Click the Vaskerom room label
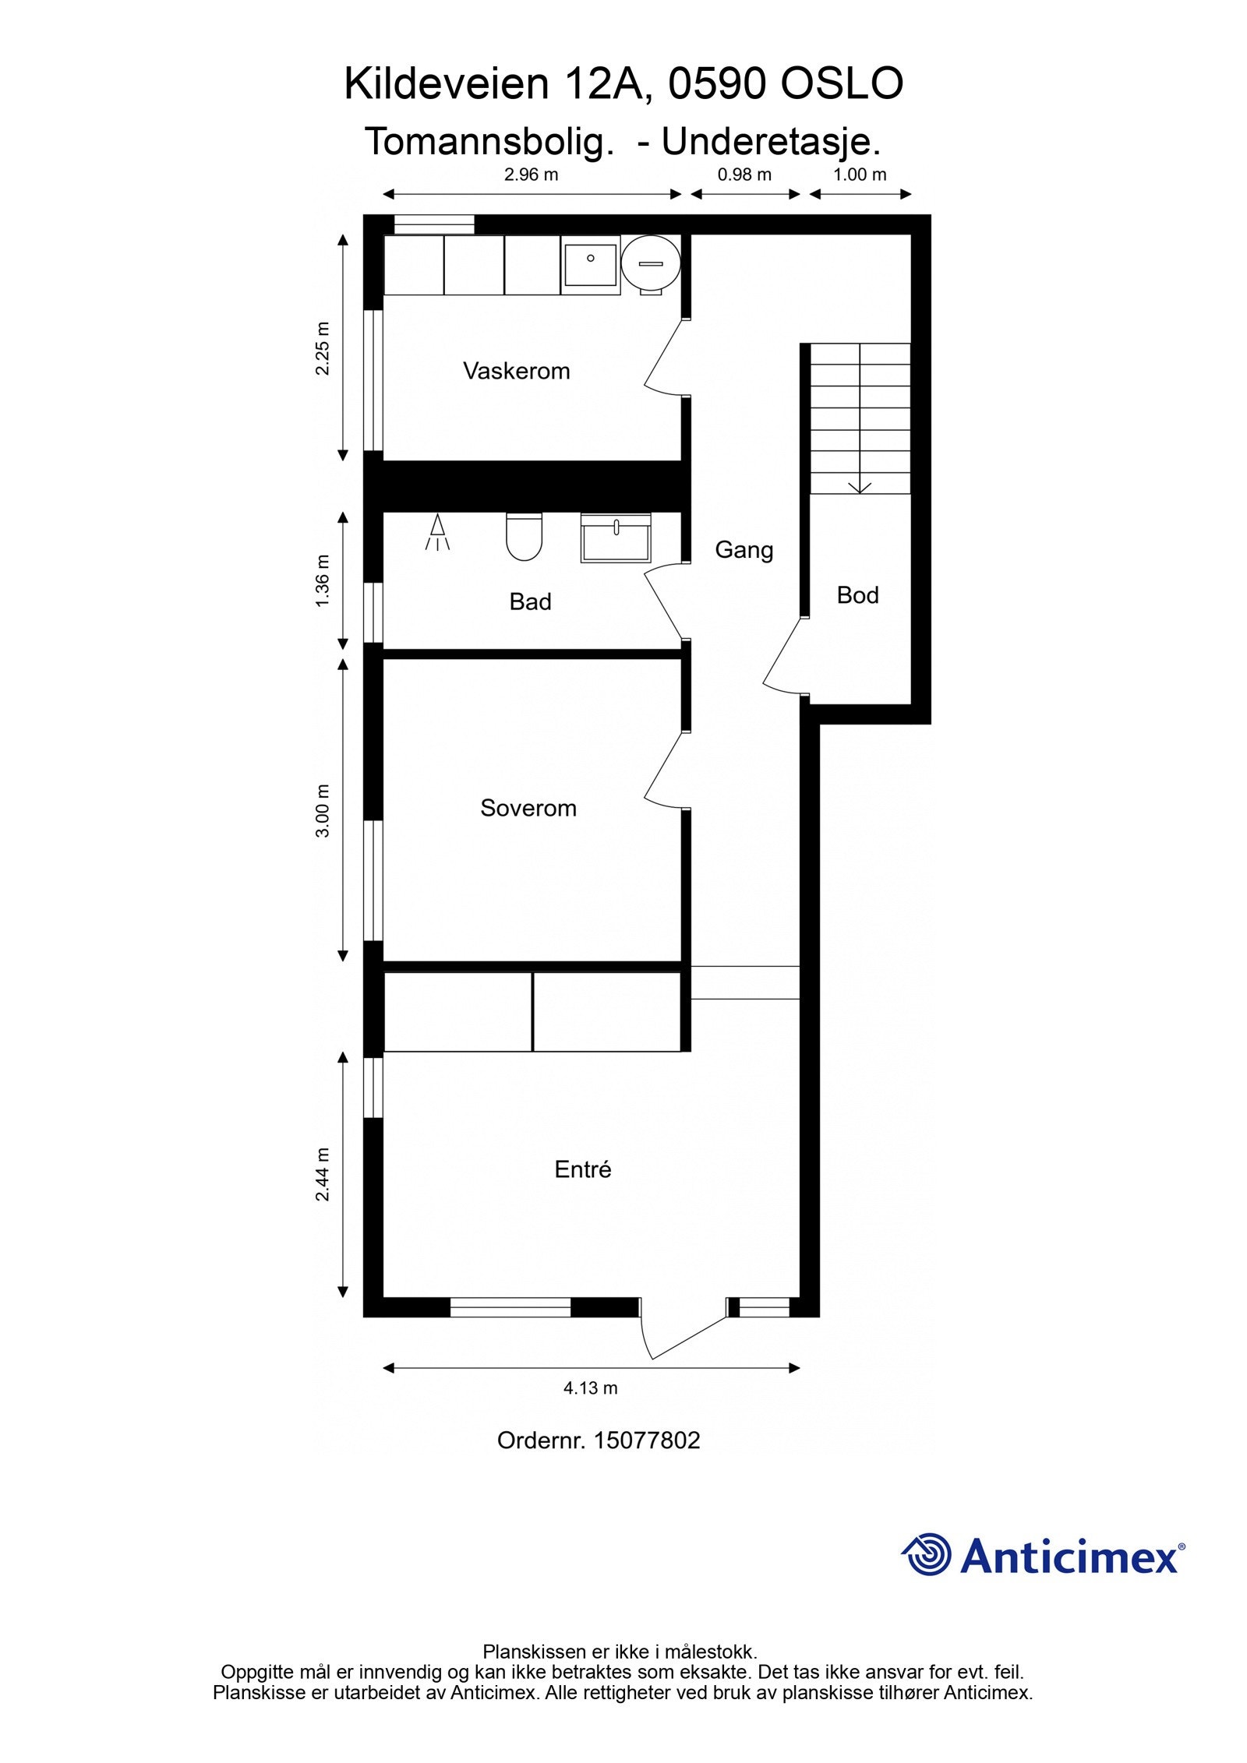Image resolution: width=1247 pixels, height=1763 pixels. [x=516, y=371]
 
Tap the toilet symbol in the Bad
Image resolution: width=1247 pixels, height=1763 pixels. [x=524, y=536]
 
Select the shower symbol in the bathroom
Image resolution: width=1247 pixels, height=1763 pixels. [x=438, y=533]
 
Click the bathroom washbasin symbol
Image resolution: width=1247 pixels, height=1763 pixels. [x=615, y=538]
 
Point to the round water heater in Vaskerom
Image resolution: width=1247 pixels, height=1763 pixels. [x=651, y=264]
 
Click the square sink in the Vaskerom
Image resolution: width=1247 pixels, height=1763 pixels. [x=590, y=264]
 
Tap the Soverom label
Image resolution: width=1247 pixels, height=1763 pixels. [x=528, y=808]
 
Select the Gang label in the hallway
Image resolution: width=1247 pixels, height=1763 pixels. [x=744, y=550]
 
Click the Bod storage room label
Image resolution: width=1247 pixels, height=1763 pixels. [x=857, y=595]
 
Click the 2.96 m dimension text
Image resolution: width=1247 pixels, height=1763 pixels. [x=531, y=175]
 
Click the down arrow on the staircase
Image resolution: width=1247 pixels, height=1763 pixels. [x=860, y=485]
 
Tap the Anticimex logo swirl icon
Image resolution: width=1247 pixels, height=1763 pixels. [x=927, y=1554]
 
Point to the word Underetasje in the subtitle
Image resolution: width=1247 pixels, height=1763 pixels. [x=771, y=142]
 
